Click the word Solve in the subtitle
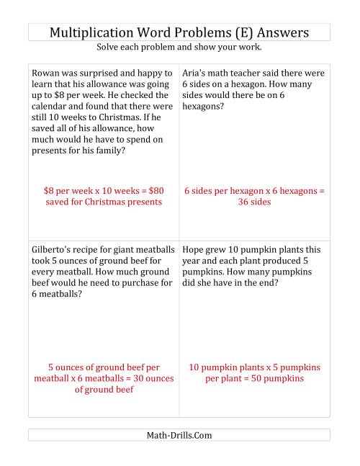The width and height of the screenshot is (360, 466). pos(110,48)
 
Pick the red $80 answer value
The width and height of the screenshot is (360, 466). pos(153,191)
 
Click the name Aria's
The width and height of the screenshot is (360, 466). pos(197,73)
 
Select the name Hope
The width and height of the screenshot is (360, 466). pos(195,249)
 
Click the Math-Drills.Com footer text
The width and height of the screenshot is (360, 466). pos(179,435)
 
